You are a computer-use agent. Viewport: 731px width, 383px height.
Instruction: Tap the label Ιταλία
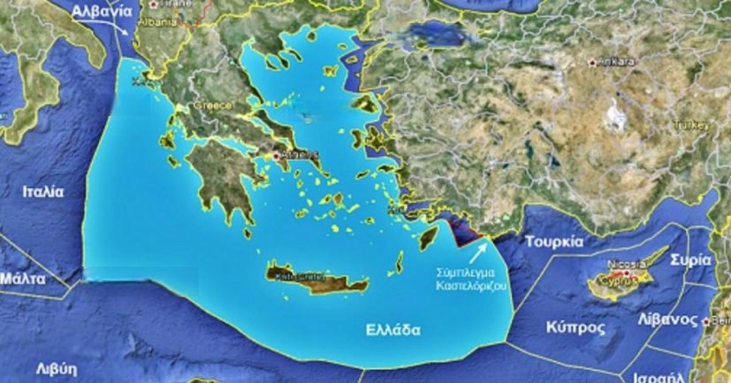tap(43, 191)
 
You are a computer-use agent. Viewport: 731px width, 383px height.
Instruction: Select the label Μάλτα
tap(23, 279)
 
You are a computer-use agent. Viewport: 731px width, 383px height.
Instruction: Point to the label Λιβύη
tap(57, 368)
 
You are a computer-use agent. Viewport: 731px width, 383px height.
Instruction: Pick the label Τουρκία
tap(554, 242)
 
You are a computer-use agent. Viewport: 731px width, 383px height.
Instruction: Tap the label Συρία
tap(690, 260)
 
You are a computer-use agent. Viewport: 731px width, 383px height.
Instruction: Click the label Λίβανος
tap(668, 320)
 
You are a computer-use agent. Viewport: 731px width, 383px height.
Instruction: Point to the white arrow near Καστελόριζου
tap(478, 251)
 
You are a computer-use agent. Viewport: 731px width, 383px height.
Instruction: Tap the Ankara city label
tap(616, 62)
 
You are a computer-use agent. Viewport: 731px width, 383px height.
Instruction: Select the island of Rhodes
tap(428, 237)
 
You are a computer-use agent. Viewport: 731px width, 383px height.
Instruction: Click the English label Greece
tap(213, 106)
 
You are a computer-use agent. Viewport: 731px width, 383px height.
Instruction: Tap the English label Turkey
tap(691, 125)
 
